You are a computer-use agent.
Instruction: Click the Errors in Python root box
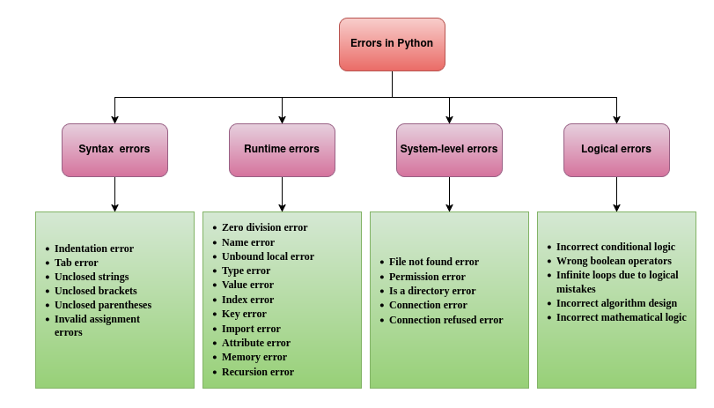click(392, 44)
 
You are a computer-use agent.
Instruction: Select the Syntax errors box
click(114, 150)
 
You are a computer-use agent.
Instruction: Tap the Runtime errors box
click(282, 150)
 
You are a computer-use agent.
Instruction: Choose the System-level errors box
click(449, 150)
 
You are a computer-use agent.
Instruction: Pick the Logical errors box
click(616, 150)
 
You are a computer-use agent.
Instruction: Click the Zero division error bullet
click(264, 227)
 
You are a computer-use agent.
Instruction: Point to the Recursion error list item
click(257, 372)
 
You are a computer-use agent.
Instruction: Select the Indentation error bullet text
click(93, 249)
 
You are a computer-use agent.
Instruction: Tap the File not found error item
click(433, 262)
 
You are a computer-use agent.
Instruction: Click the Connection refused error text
click(445, 320)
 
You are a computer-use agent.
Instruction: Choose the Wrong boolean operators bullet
click(614, 261)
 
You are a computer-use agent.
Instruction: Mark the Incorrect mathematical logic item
click(621, 317)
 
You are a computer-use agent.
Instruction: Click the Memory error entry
click(254, 357)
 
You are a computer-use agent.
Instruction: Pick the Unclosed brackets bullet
click(95, 291)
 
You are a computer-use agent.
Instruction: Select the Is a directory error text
click(431, 291)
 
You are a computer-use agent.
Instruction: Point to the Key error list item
click(244, 314)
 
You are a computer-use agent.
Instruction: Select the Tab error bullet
click(76, 263)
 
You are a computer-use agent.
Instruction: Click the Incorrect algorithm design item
click(616, 303)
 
